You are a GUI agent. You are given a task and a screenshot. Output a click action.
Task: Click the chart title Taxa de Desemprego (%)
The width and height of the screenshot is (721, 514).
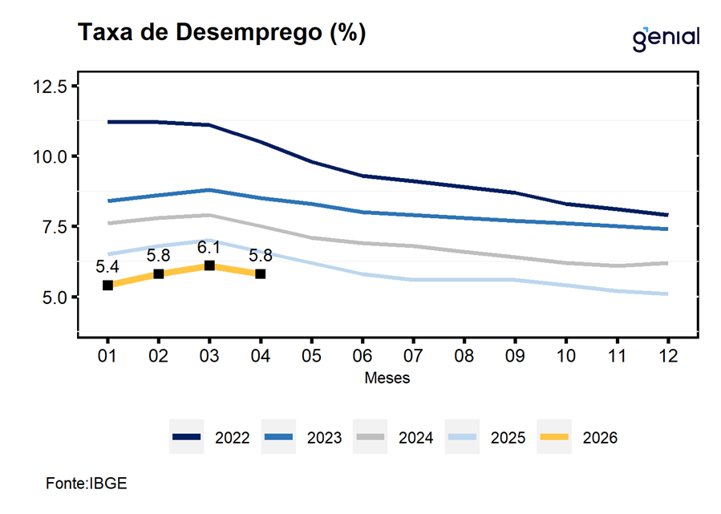coord(221,33)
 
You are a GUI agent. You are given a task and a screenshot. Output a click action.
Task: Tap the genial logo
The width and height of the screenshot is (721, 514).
coord(666,38)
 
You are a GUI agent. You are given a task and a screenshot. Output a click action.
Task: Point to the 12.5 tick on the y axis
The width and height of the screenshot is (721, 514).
coord(50,86)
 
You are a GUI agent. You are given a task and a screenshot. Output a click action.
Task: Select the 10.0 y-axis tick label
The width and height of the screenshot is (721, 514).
coord(50,157)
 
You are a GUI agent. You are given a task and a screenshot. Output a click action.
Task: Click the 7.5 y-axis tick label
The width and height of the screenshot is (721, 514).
coord(55,227)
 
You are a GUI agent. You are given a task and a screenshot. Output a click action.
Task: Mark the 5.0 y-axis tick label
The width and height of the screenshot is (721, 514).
coord(55,297)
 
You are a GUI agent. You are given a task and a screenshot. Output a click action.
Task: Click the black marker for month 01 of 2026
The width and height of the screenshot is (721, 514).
coord(107,285)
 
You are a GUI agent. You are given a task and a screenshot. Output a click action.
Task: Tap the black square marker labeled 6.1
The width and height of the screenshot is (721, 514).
coord(209,265)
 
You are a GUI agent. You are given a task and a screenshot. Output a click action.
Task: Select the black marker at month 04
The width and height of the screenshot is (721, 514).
coord(261,274)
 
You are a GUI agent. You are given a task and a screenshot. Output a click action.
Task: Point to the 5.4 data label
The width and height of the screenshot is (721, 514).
coord(107,267)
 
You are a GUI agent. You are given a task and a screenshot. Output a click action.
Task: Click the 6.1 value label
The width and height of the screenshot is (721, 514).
coord(209,248)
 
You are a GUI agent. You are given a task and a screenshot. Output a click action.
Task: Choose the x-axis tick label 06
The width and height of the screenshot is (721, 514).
coord(363,356)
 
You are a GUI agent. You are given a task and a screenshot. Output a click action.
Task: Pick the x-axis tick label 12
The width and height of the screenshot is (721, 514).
coord(667,356)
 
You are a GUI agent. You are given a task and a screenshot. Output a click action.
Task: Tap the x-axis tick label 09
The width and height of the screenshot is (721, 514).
coord(515,356)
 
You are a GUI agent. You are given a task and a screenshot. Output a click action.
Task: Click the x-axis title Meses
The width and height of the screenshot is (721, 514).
coord(387,378)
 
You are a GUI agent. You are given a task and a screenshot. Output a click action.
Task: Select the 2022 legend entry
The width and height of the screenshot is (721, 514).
coord(211,437)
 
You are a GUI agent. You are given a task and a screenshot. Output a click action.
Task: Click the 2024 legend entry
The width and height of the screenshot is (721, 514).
coord(395,437)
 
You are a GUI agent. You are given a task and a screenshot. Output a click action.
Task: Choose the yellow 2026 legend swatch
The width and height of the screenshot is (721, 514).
coord(554,437)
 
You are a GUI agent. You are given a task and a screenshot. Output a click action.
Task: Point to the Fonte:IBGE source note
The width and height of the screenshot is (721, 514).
coord(87,484)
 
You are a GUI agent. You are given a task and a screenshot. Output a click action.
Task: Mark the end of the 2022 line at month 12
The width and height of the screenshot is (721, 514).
coord(667,215)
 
